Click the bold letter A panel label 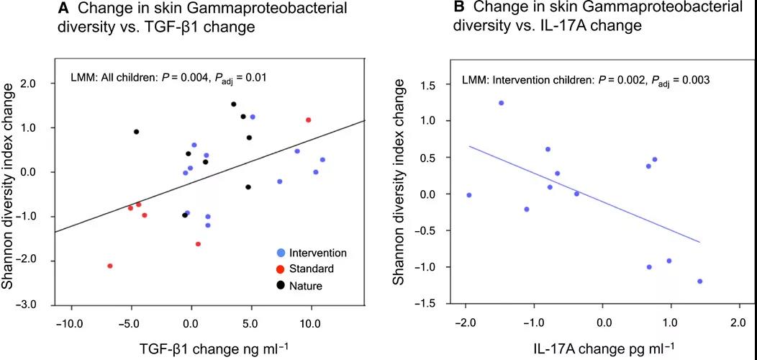pyautogui.click(x=63, y=9)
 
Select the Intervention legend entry pyautogui.click(x=316, y=253)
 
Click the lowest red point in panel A pyautogui.click(x=110, y=266)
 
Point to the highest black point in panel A pyautogui.click(x=234, y=104)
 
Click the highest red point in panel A pyautogui.click(x=309, y=120)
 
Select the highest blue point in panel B pyautogui.click(x=501, y=103)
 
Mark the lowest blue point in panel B pyautogui.click(x=699, y=282)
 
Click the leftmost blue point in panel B pyautogui.click(x=469, y=195)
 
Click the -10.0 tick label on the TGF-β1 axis pyautogui.click(x=71, y=323)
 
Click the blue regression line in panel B pyautogui.click(x=584, y=194)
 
